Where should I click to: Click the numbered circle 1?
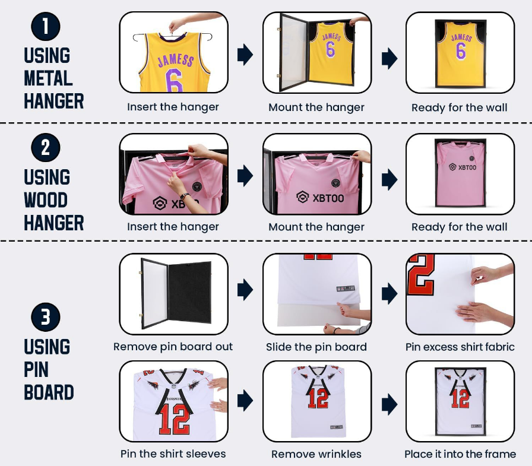click(46, 27)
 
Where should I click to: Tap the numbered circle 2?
click(46, 148)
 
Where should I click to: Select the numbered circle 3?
click(46, 317)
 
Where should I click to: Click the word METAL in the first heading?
click(48, 78)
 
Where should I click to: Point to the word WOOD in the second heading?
click(46, 200)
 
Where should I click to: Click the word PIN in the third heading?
click(36, 369)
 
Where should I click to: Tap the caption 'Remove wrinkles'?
click(316, 454)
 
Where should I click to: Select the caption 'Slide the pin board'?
click(316, 347)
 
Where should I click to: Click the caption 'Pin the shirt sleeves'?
click(173, 454)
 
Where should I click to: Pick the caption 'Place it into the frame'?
click(460, 454)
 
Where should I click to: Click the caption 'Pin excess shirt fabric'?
click(460, 347)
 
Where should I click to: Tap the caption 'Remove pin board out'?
click(173, 347)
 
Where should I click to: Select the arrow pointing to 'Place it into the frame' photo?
click(389, 404)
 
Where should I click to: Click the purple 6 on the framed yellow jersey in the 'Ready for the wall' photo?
click(460, 51)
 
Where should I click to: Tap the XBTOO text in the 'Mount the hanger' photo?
click(328, 198)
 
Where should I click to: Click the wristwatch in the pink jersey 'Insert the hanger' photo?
click(184, 196)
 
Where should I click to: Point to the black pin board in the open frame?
click(189, 292)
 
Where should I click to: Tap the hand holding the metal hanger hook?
click(177, 24)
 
